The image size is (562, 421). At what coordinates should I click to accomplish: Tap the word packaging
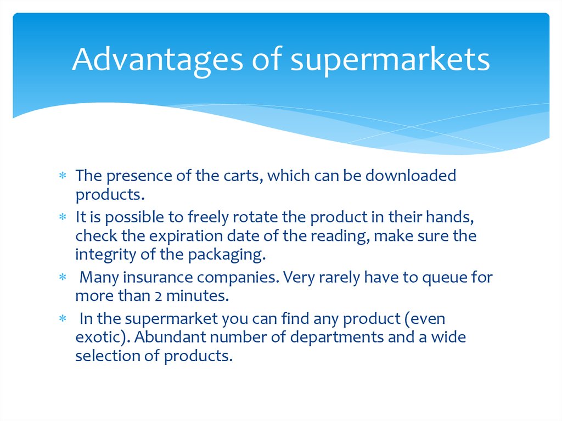[227, 255]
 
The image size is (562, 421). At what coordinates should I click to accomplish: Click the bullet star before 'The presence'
[63, 176]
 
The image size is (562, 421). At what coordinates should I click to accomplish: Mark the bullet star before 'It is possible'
[63, 217]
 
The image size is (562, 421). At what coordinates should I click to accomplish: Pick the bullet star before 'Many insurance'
[63, 277]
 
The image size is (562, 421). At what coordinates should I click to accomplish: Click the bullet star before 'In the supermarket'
[63, 318]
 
